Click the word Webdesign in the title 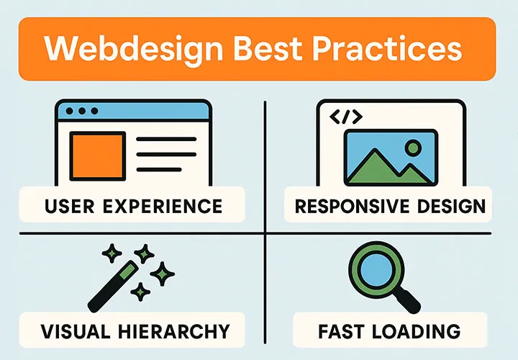[x=134, y=48]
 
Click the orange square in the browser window [x=97, y=156]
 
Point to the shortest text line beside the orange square [x=159, y=170]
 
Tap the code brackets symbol [x=346, y=117]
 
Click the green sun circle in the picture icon [x=413, y=148]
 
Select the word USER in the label [x=69, y=206]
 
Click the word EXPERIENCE [x=163, y=206]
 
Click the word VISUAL [x=76, y=331]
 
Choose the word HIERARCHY [x=174, y=331]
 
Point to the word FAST [x=342, y=331]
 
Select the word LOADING [x=417, y=331]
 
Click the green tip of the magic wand [x=129, y=271]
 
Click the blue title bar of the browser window [x=134, y=111]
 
